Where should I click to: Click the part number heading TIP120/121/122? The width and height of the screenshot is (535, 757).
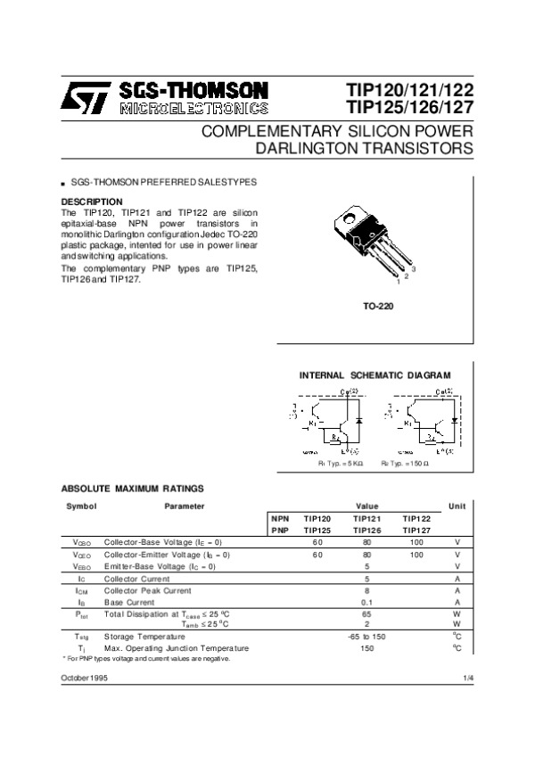tap(409, 90)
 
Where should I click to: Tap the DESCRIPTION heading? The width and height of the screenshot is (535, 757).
tap(91, 202)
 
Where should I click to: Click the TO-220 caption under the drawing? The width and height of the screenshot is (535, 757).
tap(378, 306)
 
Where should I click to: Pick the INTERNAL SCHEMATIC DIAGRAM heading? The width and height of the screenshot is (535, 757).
tap(374, 374)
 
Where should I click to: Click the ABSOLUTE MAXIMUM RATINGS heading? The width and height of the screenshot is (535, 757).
tap(132, 489)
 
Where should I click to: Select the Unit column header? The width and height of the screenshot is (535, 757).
tap(457, 506)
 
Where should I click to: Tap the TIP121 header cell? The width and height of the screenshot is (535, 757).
tap(366, 518)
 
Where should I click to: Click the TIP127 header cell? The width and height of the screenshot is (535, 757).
tap(416, 530)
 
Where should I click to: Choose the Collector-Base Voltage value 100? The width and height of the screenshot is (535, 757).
tap(416, 542)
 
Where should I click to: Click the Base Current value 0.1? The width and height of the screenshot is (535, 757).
tap(366, 602)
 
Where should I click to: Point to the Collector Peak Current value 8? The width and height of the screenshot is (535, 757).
tap(366, 590)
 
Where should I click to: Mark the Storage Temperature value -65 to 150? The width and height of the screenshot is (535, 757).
tap(366, 636)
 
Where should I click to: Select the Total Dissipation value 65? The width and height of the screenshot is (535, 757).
tap(366, 614)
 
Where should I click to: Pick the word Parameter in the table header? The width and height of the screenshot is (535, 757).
tap(185, 506)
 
